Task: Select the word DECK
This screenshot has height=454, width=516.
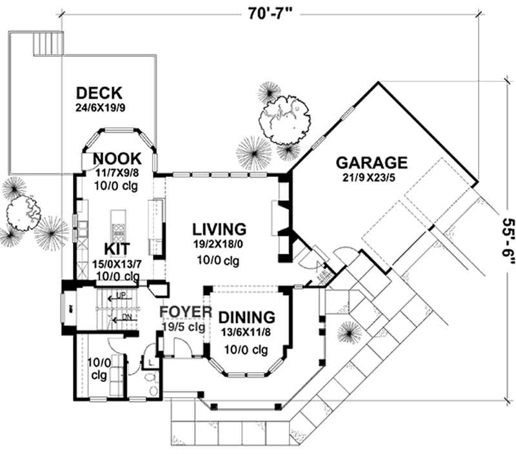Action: click(x=99, y=93)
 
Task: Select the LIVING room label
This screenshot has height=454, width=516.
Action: click(x=220, y=229)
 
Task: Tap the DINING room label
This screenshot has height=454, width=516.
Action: click(x=246, y=318)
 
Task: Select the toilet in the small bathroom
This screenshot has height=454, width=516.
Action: click(x=152, y=389)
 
